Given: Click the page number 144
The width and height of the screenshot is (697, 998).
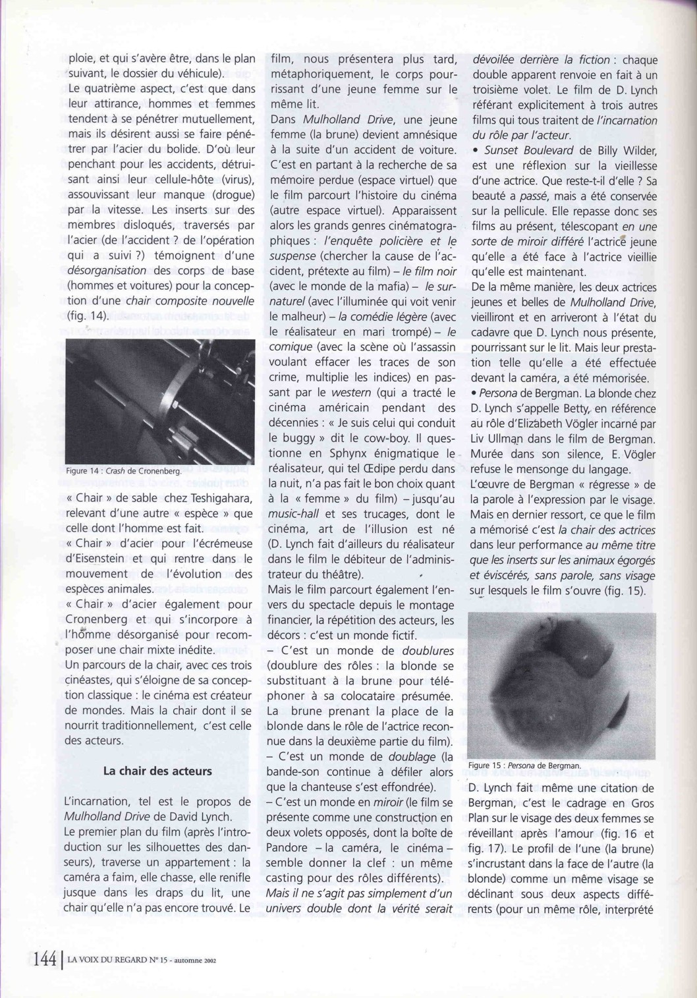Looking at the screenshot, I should [x=44, y=959].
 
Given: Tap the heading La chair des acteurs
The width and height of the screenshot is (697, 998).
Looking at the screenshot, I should [x=157, y=771].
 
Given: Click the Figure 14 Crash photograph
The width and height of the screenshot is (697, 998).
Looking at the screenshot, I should [x=160, y=401].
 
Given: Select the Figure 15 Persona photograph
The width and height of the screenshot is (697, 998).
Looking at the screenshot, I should [x=562, y=685].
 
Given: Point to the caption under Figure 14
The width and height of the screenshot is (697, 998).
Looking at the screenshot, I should [x=123, y=471].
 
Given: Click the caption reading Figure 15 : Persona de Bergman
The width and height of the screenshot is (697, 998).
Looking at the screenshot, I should [x=524, y=765].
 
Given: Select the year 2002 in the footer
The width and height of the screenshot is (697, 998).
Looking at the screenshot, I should [x=209, y=960].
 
